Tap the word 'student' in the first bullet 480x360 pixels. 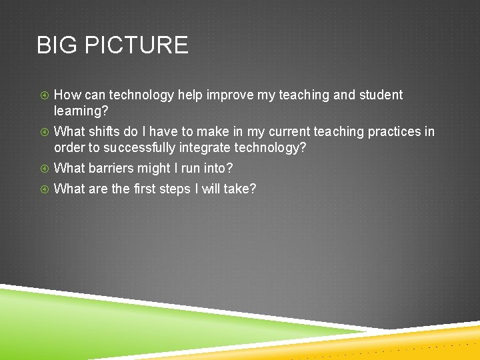click(381, 95)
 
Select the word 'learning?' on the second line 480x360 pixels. click(81, 111)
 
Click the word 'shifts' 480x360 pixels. click(105, 132)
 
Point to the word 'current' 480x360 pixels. click(287, 132)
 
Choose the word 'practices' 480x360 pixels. click(395, 132)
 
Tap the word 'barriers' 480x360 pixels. click(112, 169)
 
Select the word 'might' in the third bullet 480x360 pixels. click(154, 169)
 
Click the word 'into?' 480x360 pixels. click(217, 169)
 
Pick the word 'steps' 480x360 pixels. click(176, 189)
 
